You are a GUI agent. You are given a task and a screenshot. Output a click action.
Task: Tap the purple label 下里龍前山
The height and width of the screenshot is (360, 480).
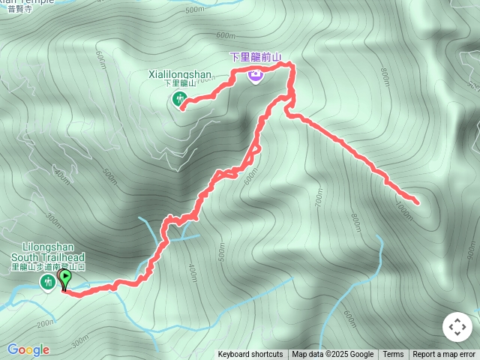click(255, 56)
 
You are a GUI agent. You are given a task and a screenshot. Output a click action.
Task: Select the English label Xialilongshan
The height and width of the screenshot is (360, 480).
click(180, 74)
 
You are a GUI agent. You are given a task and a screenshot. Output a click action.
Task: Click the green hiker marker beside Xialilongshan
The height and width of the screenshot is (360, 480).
click(180, 98)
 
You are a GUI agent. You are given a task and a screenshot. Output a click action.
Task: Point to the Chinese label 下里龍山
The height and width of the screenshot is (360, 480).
click(180, 83)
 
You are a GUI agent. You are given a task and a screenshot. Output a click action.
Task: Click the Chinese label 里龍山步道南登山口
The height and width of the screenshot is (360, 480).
click(48, 266)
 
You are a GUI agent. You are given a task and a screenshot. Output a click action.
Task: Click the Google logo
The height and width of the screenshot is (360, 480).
click(28, 349)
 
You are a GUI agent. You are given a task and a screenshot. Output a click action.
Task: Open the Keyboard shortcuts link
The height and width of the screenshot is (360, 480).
click(250, 354)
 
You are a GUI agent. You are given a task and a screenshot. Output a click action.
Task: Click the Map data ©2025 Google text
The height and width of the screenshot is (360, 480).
click(332, 354)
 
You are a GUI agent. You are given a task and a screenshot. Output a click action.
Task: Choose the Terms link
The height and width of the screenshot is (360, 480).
click(393, 354)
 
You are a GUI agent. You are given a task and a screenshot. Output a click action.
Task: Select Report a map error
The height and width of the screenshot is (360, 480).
click(444, 354)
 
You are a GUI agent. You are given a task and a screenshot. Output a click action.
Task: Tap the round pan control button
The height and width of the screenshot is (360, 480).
click(457, 327)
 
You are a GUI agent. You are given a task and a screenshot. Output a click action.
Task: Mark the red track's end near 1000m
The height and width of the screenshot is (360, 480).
click(417, 202)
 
